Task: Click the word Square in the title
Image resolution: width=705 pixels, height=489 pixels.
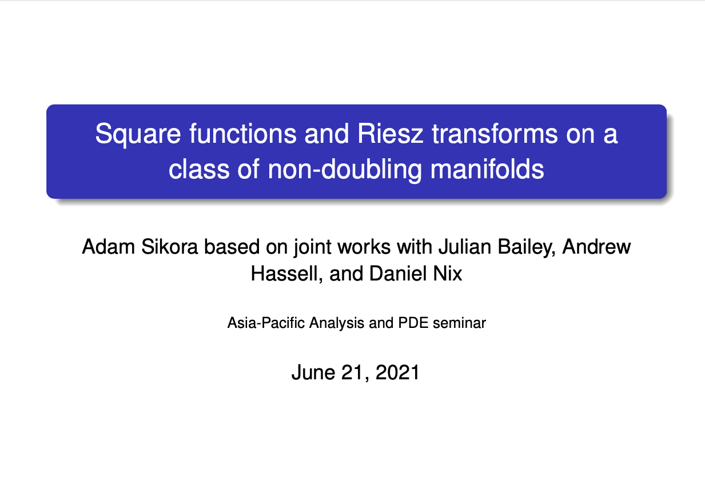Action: [x=138, y=135]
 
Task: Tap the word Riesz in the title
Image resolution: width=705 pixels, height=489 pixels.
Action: [x=391, y=134]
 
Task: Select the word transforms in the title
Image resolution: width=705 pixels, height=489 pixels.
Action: [x=495, y=134]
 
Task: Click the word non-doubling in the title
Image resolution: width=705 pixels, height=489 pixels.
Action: [x=345, y=170]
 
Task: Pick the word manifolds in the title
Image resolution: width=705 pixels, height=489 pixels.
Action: [x=487, y=169]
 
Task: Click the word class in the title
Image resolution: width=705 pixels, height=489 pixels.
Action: [x=199, y=169]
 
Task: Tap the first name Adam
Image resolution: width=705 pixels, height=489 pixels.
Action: [x=108, y=247]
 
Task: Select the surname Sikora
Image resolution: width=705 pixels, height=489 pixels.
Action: [x=170, y=247]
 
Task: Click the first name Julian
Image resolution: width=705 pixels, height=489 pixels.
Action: [x=465, y=247]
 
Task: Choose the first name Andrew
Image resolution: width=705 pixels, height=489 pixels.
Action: [x=596, y=247]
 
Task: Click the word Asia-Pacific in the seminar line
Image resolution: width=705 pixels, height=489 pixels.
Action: [x=266, y=323]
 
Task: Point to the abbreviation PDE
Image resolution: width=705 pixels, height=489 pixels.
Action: [x=413, y=323]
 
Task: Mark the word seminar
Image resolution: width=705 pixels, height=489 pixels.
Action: [x=460, y=323]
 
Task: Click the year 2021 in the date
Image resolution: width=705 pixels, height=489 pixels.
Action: [x=397, y=372]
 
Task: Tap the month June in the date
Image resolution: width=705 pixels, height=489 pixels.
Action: [x=313, y=372]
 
